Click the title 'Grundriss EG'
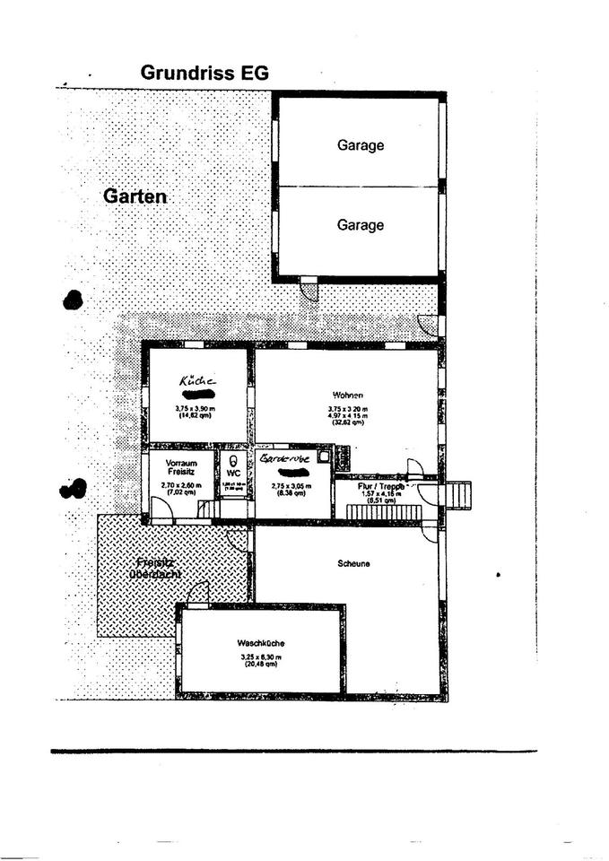204,74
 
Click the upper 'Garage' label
360,145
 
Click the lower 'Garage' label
360,225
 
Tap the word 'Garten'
135,196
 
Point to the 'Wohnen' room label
347,395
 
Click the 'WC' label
233,473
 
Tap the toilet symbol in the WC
233,458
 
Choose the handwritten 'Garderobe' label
285,458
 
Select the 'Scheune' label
354,563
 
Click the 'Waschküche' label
261,643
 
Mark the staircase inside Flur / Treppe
375,513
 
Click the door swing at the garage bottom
308,291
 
